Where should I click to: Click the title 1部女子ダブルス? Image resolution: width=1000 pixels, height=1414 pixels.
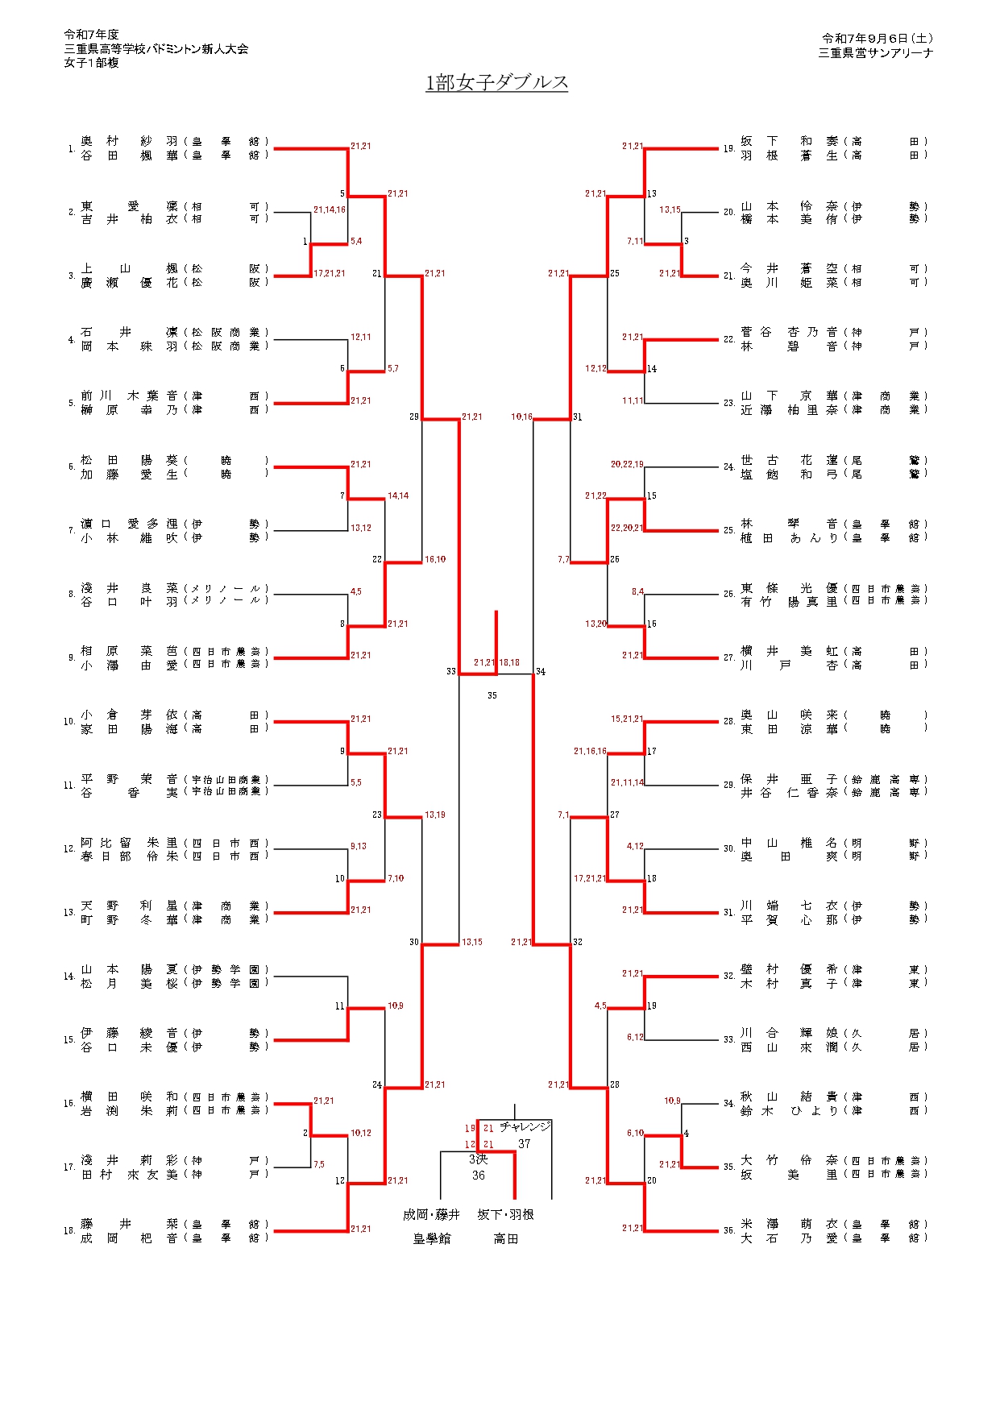coord(496,82)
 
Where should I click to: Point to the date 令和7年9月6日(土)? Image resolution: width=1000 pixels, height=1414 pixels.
coord(877,38)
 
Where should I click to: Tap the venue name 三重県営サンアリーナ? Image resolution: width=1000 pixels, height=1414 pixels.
coord(875,52)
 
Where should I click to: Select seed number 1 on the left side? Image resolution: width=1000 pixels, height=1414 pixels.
coord(72,149)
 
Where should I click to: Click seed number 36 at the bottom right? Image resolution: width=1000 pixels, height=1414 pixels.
coord(728,1230)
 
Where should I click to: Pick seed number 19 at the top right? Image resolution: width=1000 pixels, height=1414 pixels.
coord(728,149)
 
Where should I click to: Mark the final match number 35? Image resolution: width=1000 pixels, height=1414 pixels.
coord(492,695)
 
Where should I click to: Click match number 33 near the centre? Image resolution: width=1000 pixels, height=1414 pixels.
coord(451,671)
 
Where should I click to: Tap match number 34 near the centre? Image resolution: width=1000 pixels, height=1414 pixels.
coord(541,671)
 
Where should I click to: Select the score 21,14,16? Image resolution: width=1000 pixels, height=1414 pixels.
coord(330,209)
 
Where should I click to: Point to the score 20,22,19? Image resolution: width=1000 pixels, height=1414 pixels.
coord(627,464)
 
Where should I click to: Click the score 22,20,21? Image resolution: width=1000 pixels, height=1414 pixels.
coord(627,528)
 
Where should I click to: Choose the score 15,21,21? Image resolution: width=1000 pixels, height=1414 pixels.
coord(627,719)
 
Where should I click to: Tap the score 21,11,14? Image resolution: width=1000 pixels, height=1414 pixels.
coord(627,782)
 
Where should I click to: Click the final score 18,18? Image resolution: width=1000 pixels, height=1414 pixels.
coord(509,662)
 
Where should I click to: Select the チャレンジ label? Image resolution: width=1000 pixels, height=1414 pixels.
coord(525,1126)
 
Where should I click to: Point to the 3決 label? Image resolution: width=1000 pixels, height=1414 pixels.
coord(478,1159)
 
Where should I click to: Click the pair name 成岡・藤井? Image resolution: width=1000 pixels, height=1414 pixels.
coord(431,1214)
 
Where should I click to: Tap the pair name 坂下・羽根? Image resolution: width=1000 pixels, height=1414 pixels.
coord(505,1214)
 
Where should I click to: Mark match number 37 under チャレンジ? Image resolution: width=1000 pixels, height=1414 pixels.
coord(525,1143)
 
